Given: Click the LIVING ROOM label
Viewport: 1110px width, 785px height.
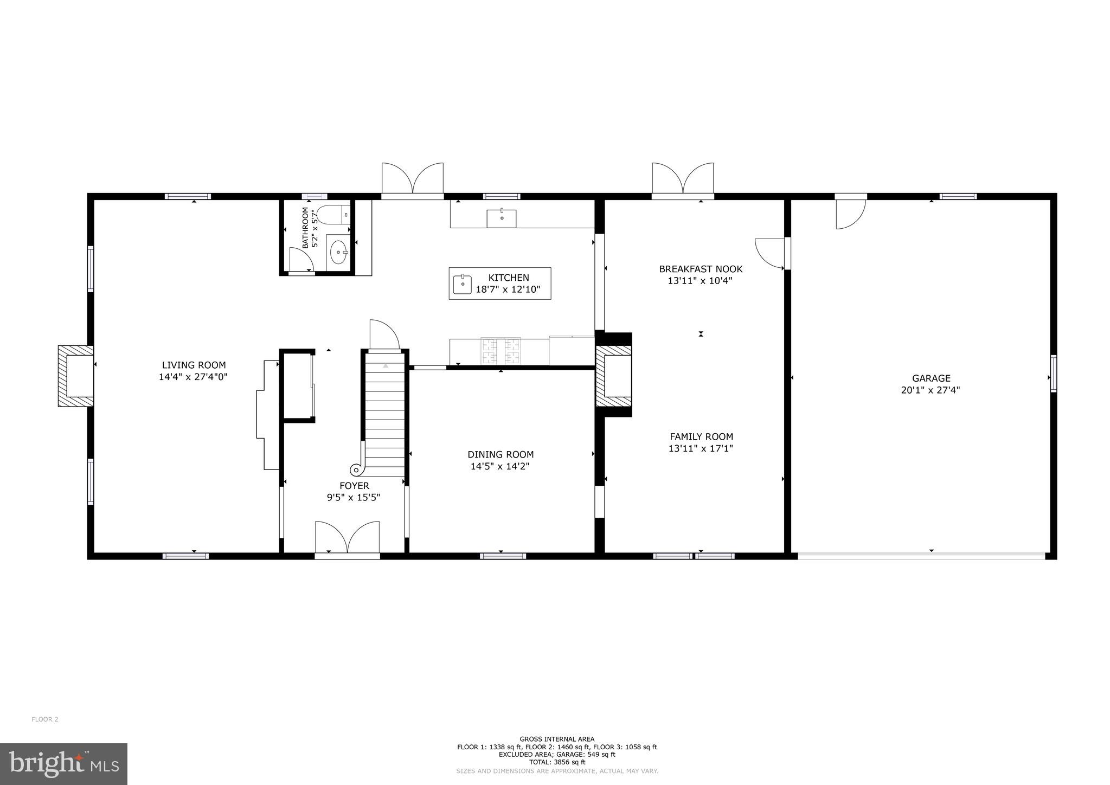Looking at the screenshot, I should click(194, 365).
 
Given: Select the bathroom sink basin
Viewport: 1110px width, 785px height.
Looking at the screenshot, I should click(338, 252).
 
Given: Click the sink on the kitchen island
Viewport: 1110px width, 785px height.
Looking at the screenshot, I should click(463, 284).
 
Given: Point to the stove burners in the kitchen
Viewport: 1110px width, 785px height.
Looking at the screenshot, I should click(501, 351).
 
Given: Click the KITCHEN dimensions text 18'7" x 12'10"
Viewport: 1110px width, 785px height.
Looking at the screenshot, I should click(508, 289).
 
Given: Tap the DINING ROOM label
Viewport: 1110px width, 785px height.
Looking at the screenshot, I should click(501, 454).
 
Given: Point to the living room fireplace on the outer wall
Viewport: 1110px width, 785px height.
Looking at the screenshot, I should click(76, 376).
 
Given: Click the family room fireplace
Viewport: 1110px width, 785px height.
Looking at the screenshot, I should click(614, 376).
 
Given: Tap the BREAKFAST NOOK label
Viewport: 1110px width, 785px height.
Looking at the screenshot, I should click(701, 269).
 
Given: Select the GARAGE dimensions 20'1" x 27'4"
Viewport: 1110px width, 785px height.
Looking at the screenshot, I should click(931, 390).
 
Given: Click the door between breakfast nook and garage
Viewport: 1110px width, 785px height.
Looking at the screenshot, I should click(770, 253).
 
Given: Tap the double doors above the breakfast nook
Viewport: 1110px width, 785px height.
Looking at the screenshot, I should click(682, 179).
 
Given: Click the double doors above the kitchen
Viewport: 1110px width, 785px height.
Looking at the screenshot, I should click(413, 179).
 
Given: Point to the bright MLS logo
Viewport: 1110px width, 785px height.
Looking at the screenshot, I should click(63, 764).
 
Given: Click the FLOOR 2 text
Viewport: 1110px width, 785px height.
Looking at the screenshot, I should click(45, 719).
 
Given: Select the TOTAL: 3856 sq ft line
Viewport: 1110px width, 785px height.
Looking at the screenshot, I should click(557, 762).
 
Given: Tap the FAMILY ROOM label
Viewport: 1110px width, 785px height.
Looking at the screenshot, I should click(701, 436).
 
